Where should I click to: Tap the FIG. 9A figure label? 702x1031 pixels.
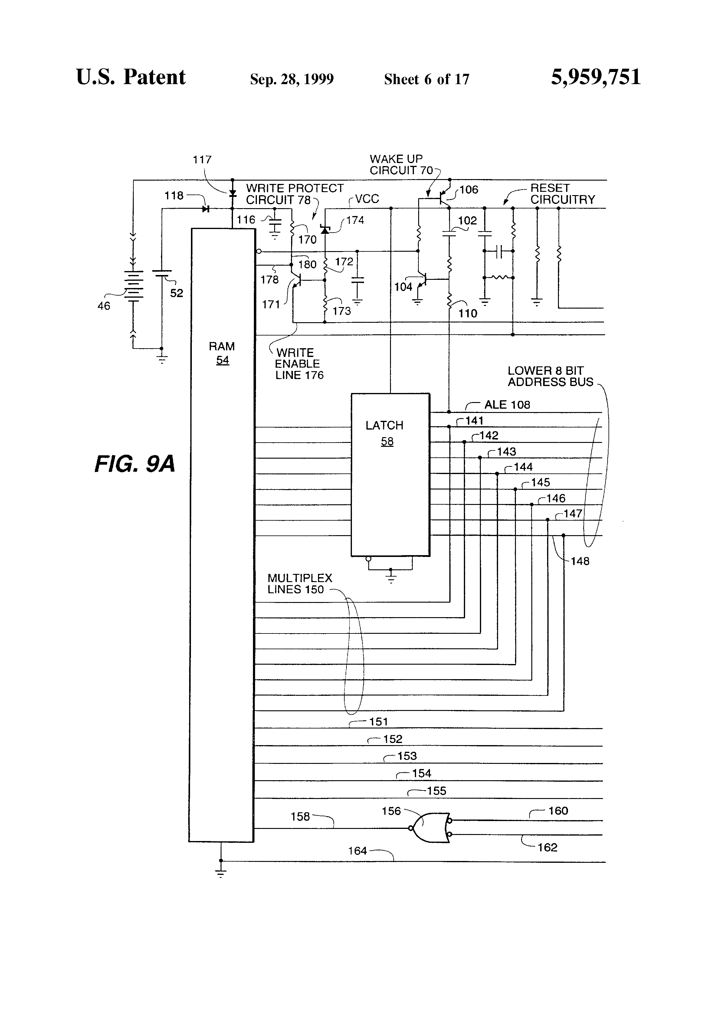pos(135,464)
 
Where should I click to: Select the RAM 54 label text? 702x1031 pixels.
pos(222,353)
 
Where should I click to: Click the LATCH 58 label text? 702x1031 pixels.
pos(384,433)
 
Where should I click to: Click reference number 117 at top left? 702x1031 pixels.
pos(202,160)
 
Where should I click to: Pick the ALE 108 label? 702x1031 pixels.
pos(507,404)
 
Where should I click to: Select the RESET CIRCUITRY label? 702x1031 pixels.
pos(562,194)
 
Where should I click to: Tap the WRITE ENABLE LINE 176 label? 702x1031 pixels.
pos(299,364)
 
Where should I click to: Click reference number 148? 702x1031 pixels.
pos(579,561)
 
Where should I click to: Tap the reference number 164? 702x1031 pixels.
pos(357,850)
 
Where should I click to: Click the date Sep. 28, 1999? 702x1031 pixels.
pos(291,79)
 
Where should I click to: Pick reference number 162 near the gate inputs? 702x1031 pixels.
pos(547,847)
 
